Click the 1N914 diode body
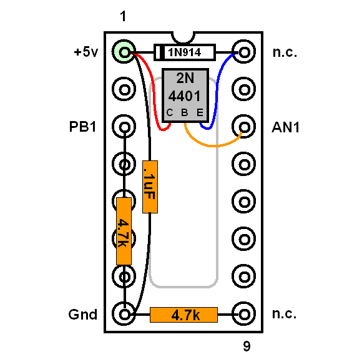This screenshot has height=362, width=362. (185, 52)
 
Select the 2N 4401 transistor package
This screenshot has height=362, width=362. (185, 95)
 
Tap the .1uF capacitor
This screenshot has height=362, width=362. (150, 187)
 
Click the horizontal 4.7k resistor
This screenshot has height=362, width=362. (183, 315)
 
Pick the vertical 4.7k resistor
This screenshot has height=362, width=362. (124, 231)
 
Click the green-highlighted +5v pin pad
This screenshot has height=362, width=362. (124, 51)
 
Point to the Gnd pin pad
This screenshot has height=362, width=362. (124, 314)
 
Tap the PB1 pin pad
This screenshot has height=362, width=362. (124, 127)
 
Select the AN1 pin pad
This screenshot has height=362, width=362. (244, 127)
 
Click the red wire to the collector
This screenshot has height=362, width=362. (154, 92)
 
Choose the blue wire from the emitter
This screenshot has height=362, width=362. (217, 92)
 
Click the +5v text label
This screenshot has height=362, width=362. (86, 52)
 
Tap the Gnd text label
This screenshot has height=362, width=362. (82, 315)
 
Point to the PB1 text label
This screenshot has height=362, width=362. (82, 127)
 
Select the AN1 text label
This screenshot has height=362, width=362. (286, 127)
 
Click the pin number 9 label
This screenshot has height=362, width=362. (247, 346)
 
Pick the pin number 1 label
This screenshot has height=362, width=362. (124, 16)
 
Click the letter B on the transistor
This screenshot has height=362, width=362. (185, 113)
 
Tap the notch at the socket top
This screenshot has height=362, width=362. (183, 38)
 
